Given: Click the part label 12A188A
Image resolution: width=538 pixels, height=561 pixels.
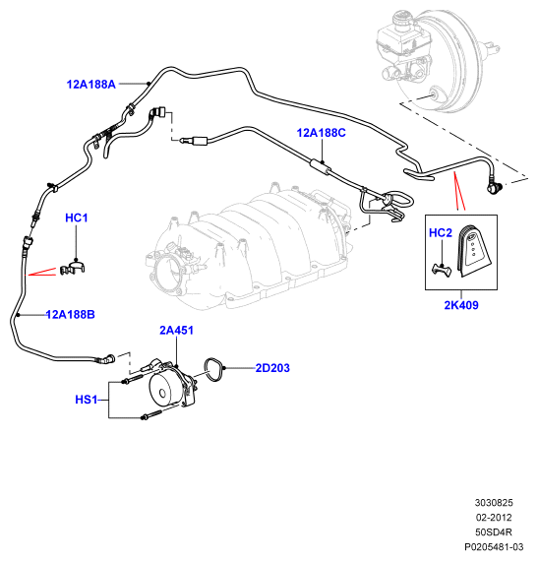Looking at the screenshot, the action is pyautogui.click(x=91, y=85).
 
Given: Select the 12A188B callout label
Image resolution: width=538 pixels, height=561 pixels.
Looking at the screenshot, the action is pyautogui.click(x=71, y=315).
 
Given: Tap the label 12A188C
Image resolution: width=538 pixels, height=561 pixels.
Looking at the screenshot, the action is pyautogui.click(x=322, y=133).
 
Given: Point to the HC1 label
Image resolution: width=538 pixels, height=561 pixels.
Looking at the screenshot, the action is pyautogui.click(x=77, y=218).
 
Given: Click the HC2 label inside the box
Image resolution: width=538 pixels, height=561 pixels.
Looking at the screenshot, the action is pyautogui.click(x=441, y=233).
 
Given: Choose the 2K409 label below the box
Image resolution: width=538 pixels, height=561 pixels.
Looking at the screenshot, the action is pyautogui.click(x=461, y=305).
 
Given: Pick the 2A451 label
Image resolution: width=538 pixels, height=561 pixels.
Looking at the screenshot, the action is pyautogui.click(x=177, y=331).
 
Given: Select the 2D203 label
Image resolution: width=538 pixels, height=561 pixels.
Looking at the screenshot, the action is pyautogui.click(x=272, y=368).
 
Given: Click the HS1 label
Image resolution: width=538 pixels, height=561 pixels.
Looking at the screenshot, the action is pyautogui.click(x=87, y=400).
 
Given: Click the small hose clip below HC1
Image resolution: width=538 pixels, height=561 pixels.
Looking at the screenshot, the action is pyautogui.click(x=73, y=269).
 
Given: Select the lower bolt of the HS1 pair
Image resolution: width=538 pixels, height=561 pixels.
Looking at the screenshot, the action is pyautogui.click(x=151, y=415).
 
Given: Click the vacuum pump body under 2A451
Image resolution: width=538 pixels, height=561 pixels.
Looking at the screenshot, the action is pyautogui.click(x=171, y=385).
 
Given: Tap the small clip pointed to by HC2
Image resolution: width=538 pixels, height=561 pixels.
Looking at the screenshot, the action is pyautogui.click(x=442, y=270).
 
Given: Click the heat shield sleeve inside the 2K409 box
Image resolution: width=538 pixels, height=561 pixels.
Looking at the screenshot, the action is pyautogui.click(x=473, y=250).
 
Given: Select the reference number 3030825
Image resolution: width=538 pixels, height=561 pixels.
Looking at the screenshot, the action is pyautogui.click(x=494, y=503).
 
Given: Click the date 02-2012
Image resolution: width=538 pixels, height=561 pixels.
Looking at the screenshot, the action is pyautogui.click(x=494, y=518).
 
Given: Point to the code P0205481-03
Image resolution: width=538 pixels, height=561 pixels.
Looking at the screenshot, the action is pyautogui.click(x=494, y=546).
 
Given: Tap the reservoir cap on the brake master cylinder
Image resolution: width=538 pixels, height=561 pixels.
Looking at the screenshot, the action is pyautogui.click(x=404, y=18).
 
